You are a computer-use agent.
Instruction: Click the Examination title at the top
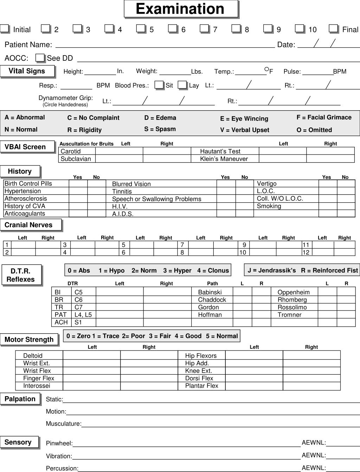180,9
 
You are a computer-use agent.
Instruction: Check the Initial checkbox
5,28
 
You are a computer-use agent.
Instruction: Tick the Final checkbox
333,28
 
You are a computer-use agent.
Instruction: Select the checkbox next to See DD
40,58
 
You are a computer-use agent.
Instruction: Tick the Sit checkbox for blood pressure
159,85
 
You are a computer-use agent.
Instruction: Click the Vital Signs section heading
27,71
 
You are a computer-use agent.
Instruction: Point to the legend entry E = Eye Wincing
244,119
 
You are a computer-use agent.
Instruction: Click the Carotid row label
71,151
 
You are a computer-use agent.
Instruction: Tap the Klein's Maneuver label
224,159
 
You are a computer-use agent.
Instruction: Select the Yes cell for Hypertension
78,191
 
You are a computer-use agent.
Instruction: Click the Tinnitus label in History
122,191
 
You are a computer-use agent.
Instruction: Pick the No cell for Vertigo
346,184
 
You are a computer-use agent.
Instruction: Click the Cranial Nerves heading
29,225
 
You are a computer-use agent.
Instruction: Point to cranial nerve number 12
306,252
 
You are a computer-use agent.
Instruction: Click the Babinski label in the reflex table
210,292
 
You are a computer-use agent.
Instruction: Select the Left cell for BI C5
120,292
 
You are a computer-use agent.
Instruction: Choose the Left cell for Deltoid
91,355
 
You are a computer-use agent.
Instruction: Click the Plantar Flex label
201,386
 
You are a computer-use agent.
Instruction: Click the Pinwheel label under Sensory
59,444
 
